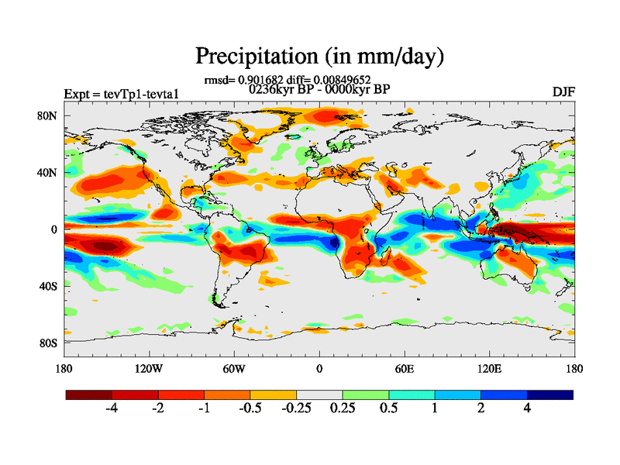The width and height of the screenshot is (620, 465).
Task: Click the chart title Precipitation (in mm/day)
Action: tap(319, 56)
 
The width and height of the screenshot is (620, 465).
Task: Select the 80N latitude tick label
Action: tap(49, 115)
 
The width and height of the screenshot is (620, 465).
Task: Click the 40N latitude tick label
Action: tap(49, 172)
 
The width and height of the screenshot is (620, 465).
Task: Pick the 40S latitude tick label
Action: tap(49, 285)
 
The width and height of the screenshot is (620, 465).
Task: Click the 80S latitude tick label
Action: tap(49, 342)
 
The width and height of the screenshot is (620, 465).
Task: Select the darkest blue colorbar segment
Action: tap(550, 394)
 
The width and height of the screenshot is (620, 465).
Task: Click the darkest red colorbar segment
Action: tap(89, 394)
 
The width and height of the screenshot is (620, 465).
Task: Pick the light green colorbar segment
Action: tap(366, 394)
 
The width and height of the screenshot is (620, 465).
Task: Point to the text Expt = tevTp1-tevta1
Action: tap(126, 94)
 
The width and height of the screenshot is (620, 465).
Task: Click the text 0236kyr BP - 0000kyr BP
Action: tap(319, 89)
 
